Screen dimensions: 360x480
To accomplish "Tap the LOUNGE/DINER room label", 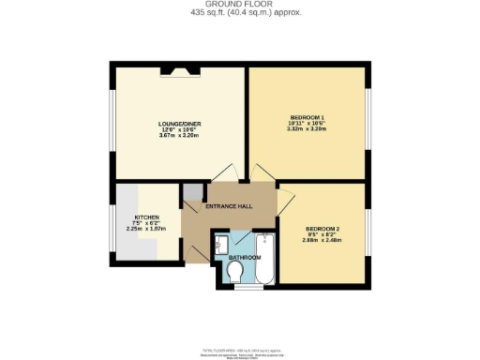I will [x=177, y=124].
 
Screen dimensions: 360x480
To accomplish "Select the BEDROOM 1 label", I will [x=307, y=117].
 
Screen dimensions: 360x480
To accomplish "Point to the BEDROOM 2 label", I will [x=322, y=229].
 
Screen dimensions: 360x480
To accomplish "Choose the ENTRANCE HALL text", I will [x=231, y=208].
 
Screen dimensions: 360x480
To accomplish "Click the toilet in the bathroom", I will [x=236, y=271].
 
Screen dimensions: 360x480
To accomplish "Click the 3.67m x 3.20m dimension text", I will [x=177, y=137].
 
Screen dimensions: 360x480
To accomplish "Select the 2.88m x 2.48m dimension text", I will [x=322, y=241].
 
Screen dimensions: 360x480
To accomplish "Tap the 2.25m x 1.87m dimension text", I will [x=153, y=228].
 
